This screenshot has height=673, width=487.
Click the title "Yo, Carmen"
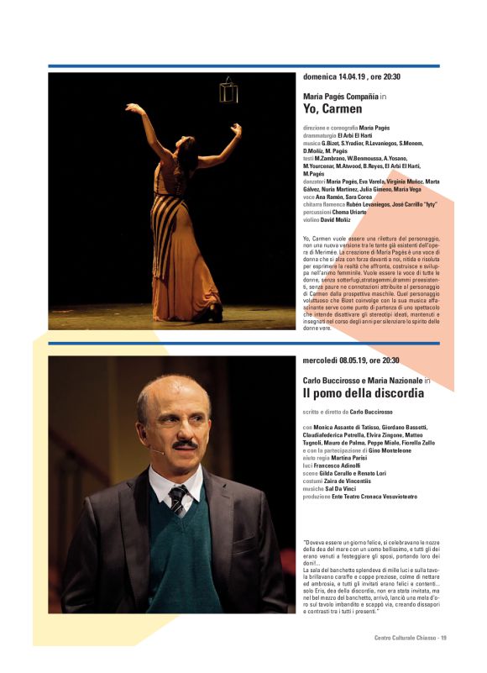(333, 108)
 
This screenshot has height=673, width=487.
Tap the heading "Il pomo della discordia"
(364, 393)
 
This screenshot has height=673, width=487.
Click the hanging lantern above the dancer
(228, 91)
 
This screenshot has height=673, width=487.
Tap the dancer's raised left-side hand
(131, 108)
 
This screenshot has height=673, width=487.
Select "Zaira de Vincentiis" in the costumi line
(356, 480)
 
